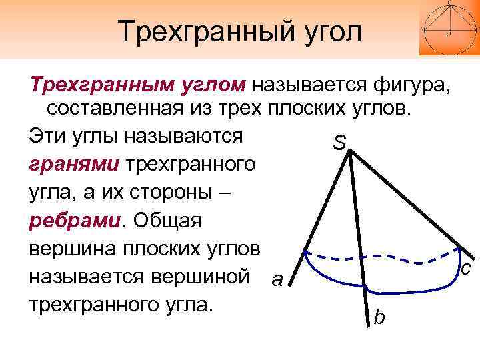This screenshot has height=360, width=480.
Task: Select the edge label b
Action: [379, 317]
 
